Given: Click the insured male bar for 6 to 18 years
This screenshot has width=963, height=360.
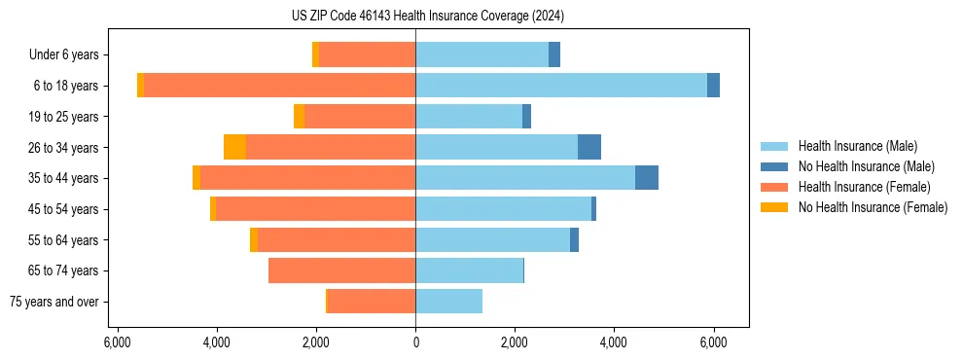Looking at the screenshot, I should (560, 86).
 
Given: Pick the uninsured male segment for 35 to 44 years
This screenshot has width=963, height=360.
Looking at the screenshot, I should (647, 178).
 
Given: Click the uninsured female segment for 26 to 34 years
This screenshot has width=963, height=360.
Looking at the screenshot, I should (234, 148).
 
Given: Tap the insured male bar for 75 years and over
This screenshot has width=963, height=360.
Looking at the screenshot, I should (448, 302).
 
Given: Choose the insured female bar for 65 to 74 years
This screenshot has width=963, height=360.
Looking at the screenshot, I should (341, 270).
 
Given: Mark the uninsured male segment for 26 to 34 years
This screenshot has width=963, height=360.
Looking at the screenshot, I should (589, 148).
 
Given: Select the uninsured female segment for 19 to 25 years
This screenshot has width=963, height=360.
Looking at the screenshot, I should (300, 117).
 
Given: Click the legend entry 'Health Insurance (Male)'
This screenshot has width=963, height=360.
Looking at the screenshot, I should (857, 146).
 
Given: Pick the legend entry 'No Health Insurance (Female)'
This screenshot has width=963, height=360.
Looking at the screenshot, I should (873, 207).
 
